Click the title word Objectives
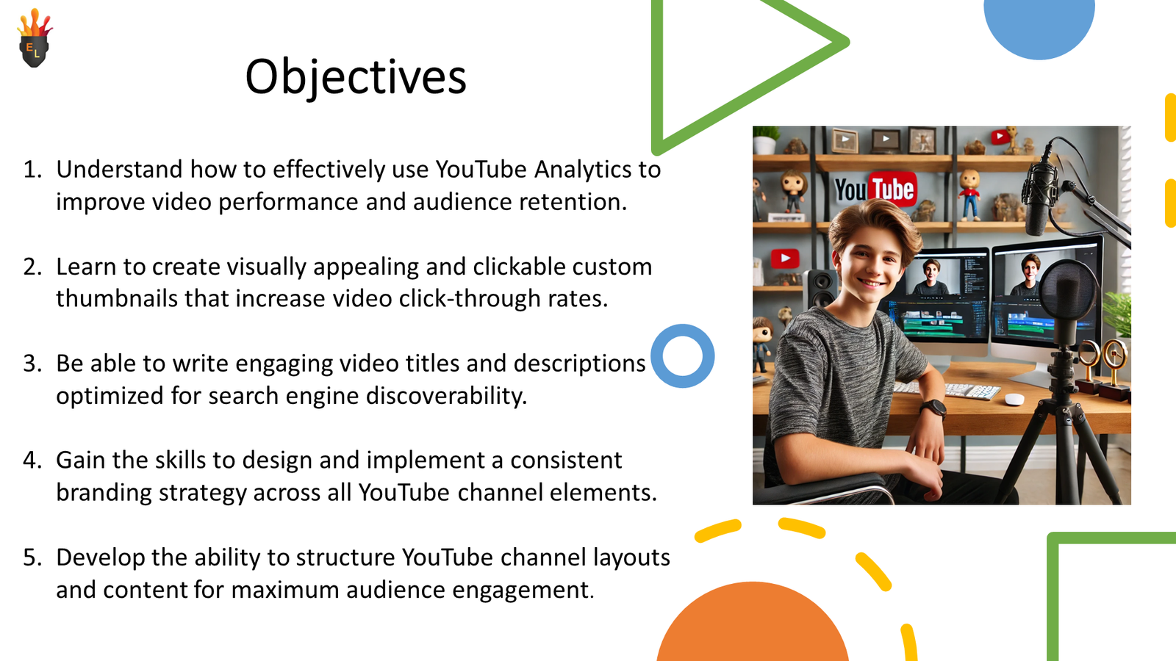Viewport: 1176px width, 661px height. [356, 77]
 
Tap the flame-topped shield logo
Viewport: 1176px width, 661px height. [35, 37]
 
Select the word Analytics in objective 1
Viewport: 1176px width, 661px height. [582, 170]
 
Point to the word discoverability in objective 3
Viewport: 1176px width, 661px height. [446, 396]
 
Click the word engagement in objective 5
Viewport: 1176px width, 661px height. [523, 590]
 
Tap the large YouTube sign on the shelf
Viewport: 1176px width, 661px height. [875, 189]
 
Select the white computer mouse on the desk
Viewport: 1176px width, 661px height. [1014, 400]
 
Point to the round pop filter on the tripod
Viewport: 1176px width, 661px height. [1068, 291]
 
